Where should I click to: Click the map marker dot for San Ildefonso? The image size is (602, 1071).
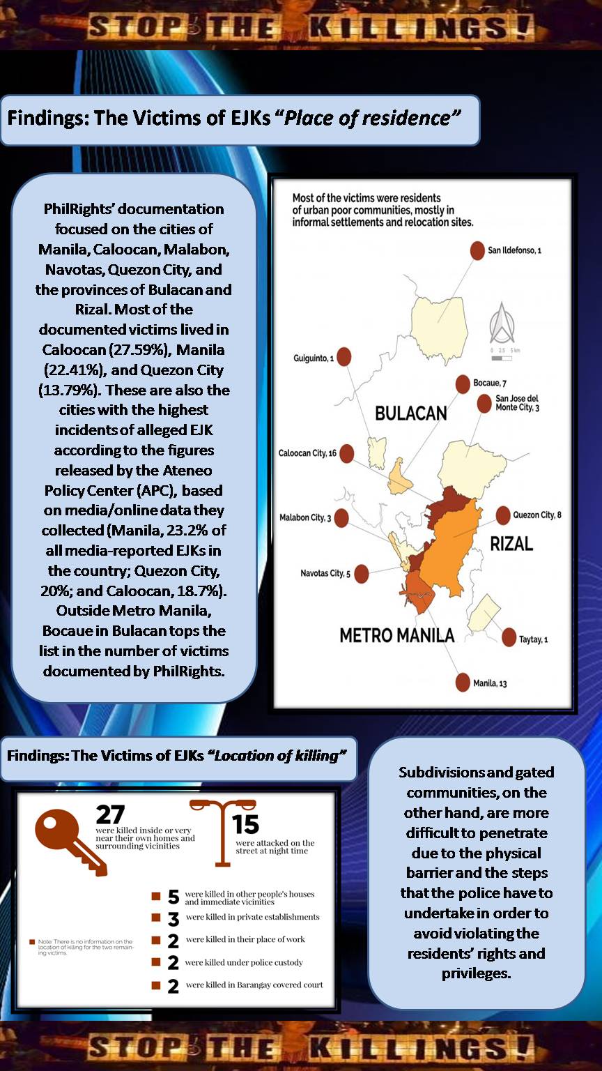[477, 250]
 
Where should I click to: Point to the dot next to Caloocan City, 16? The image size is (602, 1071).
[346, 453]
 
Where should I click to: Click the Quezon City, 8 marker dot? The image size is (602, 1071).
[502, 515]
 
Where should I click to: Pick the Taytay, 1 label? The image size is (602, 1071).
[534, 639]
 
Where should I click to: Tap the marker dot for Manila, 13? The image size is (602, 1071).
[463, 683]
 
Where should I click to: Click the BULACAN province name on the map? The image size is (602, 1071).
[410, 413]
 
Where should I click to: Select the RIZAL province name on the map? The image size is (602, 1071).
[511, 543]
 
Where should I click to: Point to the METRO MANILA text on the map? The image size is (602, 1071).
[396, 635]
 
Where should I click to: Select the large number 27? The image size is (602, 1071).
[110, 814]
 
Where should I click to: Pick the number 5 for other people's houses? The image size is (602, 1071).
[173, 897]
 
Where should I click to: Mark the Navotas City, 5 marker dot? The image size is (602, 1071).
[362, 574]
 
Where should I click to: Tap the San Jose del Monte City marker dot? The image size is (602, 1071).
[484, 404]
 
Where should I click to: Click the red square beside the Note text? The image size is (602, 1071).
[32, 942]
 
